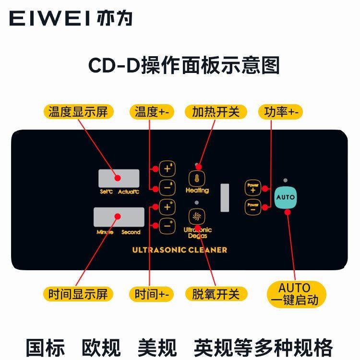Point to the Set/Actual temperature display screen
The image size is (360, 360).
119,178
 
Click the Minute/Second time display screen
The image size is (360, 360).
119,217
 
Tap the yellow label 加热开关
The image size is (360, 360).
215,112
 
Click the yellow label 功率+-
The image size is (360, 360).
281,112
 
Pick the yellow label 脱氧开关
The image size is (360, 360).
215,293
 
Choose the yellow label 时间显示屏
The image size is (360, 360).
78,293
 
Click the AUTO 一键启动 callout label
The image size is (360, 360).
294,294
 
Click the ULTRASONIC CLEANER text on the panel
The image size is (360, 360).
180,250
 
